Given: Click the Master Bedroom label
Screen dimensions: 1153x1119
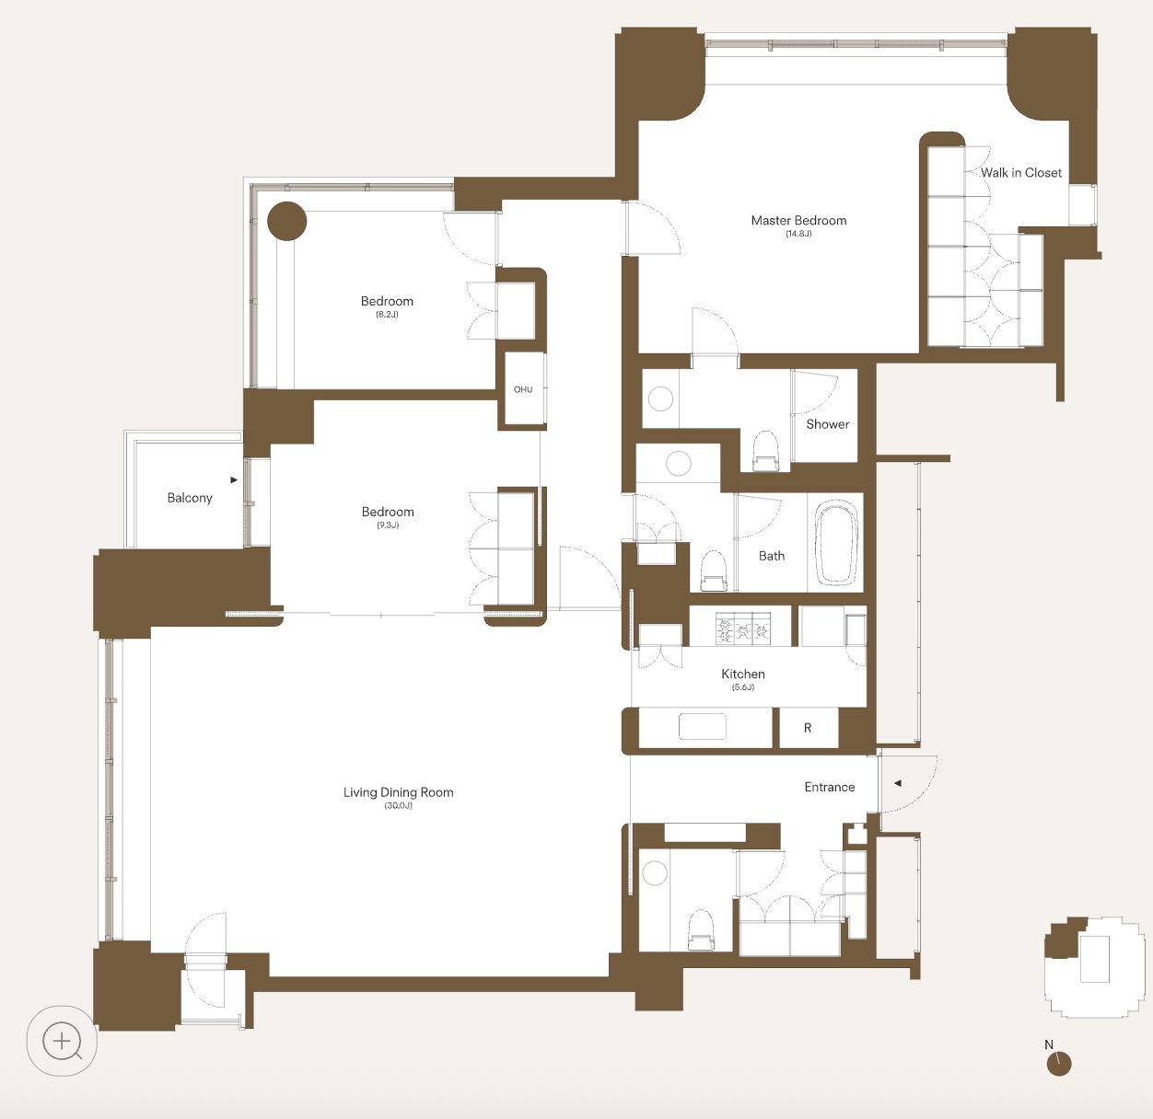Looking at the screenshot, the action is (798, 220).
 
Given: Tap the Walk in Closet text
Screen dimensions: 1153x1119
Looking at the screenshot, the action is (1021, 173).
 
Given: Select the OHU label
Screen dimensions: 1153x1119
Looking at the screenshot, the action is (522, 389).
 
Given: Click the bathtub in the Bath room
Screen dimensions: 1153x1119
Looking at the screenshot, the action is (836, 542).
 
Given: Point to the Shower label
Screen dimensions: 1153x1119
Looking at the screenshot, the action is (828, 424).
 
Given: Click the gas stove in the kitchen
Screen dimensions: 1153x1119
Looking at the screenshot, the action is (743, 628).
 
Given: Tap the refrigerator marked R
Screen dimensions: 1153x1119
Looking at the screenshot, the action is (809, 728).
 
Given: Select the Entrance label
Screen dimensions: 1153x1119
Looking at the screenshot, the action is (830, 787).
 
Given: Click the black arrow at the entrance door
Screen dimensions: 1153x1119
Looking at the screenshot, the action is (898, 783).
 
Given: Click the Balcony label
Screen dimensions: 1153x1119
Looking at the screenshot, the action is (190, 498).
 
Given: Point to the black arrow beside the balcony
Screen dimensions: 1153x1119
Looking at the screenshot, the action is (234, 479).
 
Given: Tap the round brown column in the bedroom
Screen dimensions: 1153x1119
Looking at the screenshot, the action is (286, 221).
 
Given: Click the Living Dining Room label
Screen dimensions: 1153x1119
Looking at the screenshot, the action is (398, 792).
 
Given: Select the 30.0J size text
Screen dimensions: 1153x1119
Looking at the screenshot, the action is (398, 806).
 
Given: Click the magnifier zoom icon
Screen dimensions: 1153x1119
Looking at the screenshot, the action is (63, 1041).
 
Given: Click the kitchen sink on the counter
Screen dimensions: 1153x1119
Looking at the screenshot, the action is (703, 726).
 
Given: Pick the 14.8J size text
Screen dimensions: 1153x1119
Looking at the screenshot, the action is (798, 234).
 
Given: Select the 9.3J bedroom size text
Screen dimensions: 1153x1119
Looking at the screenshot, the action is (388, 525).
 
